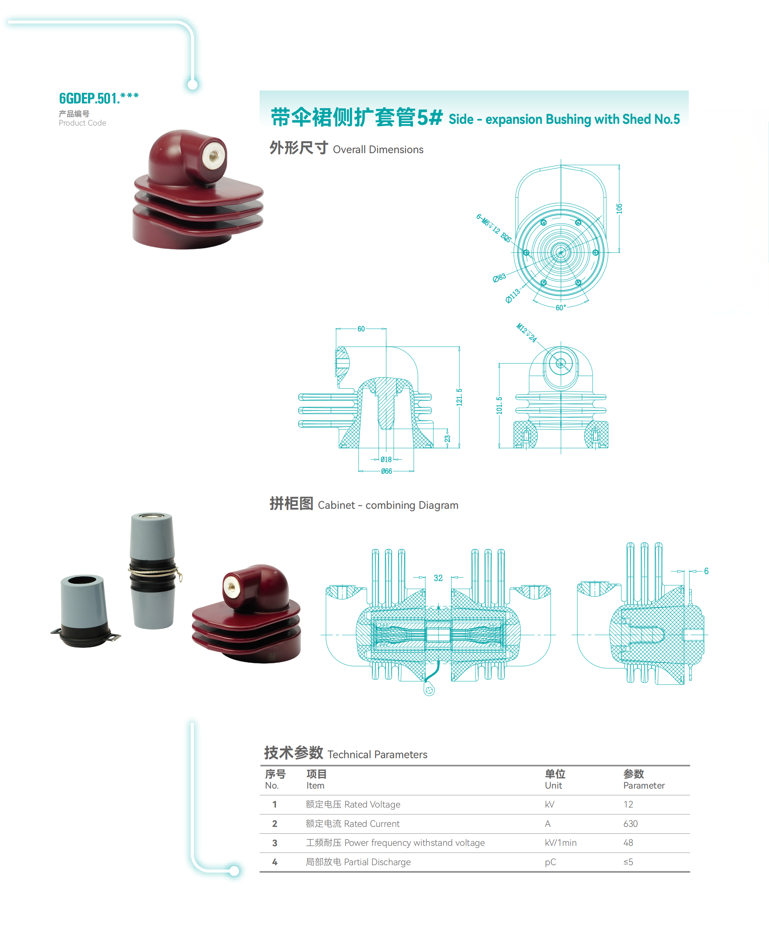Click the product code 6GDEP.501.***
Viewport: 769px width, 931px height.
pos(99,98)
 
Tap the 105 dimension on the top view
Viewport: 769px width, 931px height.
pos(619,209)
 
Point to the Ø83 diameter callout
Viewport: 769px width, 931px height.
pos(499,278)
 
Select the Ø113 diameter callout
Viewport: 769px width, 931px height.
pos(513,296)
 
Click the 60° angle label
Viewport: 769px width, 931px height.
pos(561,308)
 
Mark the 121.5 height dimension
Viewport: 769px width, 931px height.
pos(459,397)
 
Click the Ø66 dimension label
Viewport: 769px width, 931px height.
pos(386,471)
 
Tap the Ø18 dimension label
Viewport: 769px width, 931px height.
pos(386,459)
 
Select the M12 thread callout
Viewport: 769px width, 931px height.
pos(527,332)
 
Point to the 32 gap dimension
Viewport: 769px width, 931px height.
pos(438,578)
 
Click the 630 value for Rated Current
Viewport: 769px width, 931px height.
pos(630,823)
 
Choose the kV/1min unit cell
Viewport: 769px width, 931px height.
pos(560,843)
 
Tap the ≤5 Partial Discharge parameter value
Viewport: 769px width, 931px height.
pos(628,862)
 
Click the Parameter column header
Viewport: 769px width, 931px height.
pos(644,785)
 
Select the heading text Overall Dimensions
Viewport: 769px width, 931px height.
pos(378,150)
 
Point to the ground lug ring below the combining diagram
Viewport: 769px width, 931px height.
pos(429,690)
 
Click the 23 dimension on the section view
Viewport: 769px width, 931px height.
pos(448,439)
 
